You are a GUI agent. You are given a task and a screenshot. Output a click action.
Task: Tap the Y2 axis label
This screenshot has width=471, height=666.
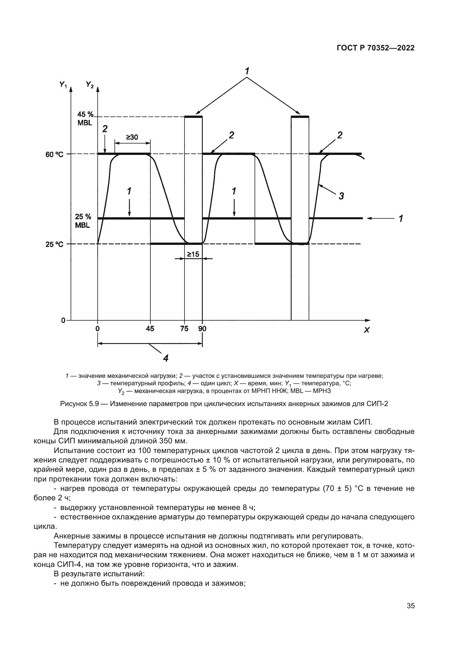click(90, 85)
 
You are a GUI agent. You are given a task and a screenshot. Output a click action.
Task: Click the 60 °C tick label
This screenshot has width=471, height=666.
click(54, 155)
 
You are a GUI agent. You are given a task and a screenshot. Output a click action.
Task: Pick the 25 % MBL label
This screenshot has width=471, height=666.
click(83, 221)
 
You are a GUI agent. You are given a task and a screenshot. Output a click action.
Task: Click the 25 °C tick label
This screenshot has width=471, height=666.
click(54, 245)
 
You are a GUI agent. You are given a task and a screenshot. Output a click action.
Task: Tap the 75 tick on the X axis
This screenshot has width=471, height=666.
click(184, 329)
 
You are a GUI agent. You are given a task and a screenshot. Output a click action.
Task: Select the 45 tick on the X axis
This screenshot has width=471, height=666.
click(150, 329)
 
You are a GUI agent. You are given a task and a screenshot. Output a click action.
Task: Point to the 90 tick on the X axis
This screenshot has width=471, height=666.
click(202, 329)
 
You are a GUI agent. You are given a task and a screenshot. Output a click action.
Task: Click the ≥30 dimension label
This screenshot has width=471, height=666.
click(132, 137)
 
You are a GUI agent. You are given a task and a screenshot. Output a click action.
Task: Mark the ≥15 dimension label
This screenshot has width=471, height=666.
click(193, 254)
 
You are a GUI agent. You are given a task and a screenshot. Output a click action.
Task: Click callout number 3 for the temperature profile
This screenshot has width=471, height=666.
click(341, 196)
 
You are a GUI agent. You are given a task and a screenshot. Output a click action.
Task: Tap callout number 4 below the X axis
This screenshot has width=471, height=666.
click(166, 358)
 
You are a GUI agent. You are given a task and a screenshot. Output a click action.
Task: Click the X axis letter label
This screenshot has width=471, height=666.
click(367, 330)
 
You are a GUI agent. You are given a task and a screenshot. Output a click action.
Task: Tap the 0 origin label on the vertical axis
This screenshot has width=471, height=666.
click(63, 321)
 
